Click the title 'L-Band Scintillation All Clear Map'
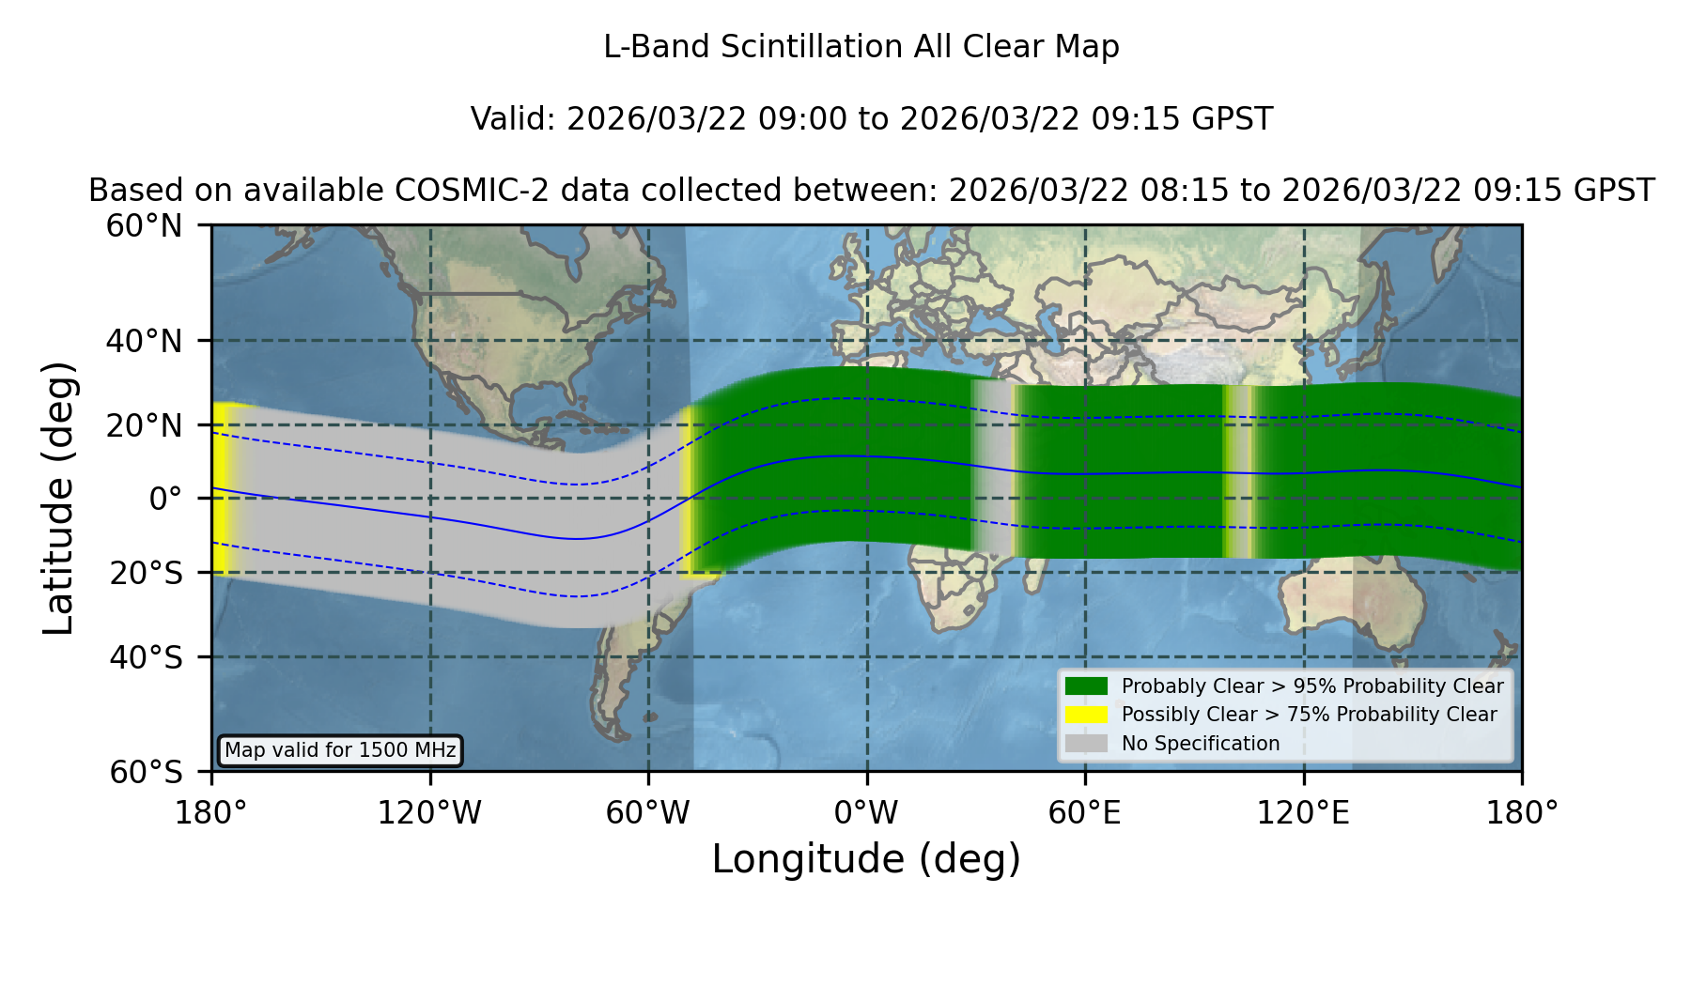point(861,47)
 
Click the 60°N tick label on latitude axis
point(144,225)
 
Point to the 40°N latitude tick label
point(144,341)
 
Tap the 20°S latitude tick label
point(146,573)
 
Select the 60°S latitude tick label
point(146,772)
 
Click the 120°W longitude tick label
point(429,812)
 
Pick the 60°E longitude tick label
point(1085,812)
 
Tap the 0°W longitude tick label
point(866,812)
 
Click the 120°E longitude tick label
point(1303,812)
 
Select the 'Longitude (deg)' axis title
point(866,859)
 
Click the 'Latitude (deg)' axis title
point(58,498)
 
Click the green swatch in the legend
point(1086,686)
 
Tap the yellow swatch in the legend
point(1086,714)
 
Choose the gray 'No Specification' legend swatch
point(1086,743)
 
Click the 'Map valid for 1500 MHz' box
point(340,750)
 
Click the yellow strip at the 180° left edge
point(222,488)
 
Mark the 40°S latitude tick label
point(146,657)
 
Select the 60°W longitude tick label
point(648,812)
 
